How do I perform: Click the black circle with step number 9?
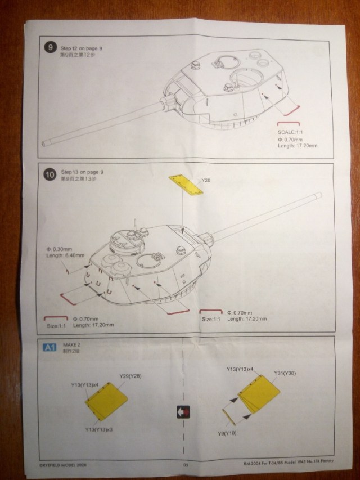[51, 47]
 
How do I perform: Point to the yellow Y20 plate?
[185, 185]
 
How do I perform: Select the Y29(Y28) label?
[130, 376]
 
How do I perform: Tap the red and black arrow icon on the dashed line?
[183, 411]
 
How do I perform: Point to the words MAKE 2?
[69, 346]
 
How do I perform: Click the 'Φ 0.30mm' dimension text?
[61, 249]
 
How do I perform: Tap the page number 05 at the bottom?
[185, 465]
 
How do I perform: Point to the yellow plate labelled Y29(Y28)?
[108, 401]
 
